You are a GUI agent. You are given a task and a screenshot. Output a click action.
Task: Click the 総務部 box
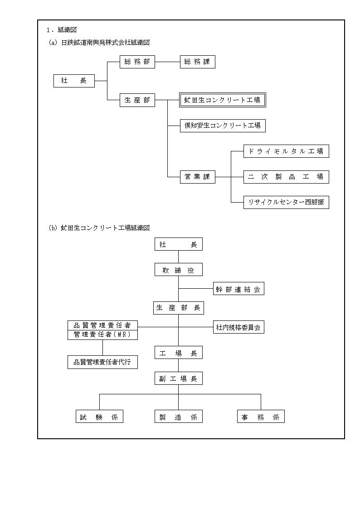coord(137,62)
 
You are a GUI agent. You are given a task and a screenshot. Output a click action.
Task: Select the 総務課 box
coord(198,62)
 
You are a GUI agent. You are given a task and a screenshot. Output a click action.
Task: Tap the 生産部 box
coord(137,100)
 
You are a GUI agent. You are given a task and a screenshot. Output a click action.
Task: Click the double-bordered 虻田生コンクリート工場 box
coord(223,100)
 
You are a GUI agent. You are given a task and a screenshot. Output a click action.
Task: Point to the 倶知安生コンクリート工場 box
coord(223,126)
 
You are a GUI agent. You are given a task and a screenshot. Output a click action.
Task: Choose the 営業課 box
coord(198,177)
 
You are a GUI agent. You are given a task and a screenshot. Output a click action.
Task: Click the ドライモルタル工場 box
coord(286,151)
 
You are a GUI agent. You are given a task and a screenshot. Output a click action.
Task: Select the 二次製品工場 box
coord(286,177)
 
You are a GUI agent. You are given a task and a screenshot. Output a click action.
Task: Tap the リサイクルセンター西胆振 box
coord(286,202)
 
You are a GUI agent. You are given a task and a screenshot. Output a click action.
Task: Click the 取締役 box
coord(179,270)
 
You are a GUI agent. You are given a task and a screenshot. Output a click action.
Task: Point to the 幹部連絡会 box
coord(238,289)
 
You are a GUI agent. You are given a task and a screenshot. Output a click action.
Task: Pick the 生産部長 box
coord(179,308)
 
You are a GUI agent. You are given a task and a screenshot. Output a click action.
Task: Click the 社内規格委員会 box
coord(238,327)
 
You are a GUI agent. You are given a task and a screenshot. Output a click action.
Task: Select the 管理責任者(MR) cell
coord(102,335)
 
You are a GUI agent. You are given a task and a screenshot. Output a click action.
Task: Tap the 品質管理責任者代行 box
coord(102,362)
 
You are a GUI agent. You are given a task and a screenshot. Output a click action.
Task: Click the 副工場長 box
coord(179,378)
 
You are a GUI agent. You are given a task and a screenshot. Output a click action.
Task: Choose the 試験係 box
coord(100,417)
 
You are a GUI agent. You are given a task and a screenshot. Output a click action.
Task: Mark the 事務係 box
coord(261,417)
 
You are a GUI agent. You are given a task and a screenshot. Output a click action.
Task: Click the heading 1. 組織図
coord(62,30)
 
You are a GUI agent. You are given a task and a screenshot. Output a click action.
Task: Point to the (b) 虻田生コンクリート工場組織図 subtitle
coord(99,228)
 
